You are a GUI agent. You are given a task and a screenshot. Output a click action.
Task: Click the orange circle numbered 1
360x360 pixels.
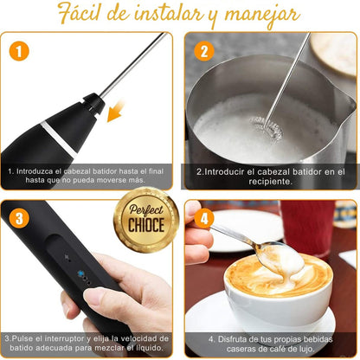click(19, 51)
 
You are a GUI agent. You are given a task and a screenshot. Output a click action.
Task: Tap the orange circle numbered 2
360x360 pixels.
click(204, 51)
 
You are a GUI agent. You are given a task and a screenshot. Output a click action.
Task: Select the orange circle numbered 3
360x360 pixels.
click(19, 218)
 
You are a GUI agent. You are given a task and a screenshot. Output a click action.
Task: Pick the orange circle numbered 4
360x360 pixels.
click(204, 218)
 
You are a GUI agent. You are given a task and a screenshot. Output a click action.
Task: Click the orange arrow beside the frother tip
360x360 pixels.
click(115, 111)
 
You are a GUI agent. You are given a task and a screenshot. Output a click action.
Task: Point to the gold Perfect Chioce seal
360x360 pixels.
click(146, 220)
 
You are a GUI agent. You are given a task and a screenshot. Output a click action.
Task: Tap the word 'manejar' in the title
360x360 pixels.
click(261, 16)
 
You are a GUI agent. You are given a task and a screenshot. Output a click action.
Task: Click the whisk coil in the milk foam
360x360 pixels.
click(266, 127)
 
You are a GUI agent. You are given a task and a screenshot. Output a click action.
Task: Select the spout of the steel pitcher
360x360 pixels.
click(348, 101)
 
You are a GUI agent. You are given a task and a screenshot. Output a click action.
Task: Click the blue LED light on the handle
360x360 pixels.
click(80, 273)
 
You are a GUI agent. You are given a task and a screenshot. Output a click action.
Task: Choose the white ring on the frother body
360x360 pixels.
click(59, 140)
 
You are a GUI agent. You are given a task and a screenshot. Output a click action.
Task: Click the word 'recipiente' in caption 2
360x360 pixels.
click(270, 182)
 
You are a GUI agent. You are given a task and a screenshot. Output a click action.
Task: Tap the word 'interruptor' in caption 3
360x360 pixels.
click(67, 338)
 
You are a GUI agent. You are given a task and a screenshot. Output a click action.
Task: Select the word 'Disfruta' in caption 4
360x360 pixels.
click(231, 339)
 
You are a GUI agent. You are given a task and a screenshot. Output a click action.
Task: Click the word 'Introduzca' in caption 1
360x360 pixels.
click(35, 171)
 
